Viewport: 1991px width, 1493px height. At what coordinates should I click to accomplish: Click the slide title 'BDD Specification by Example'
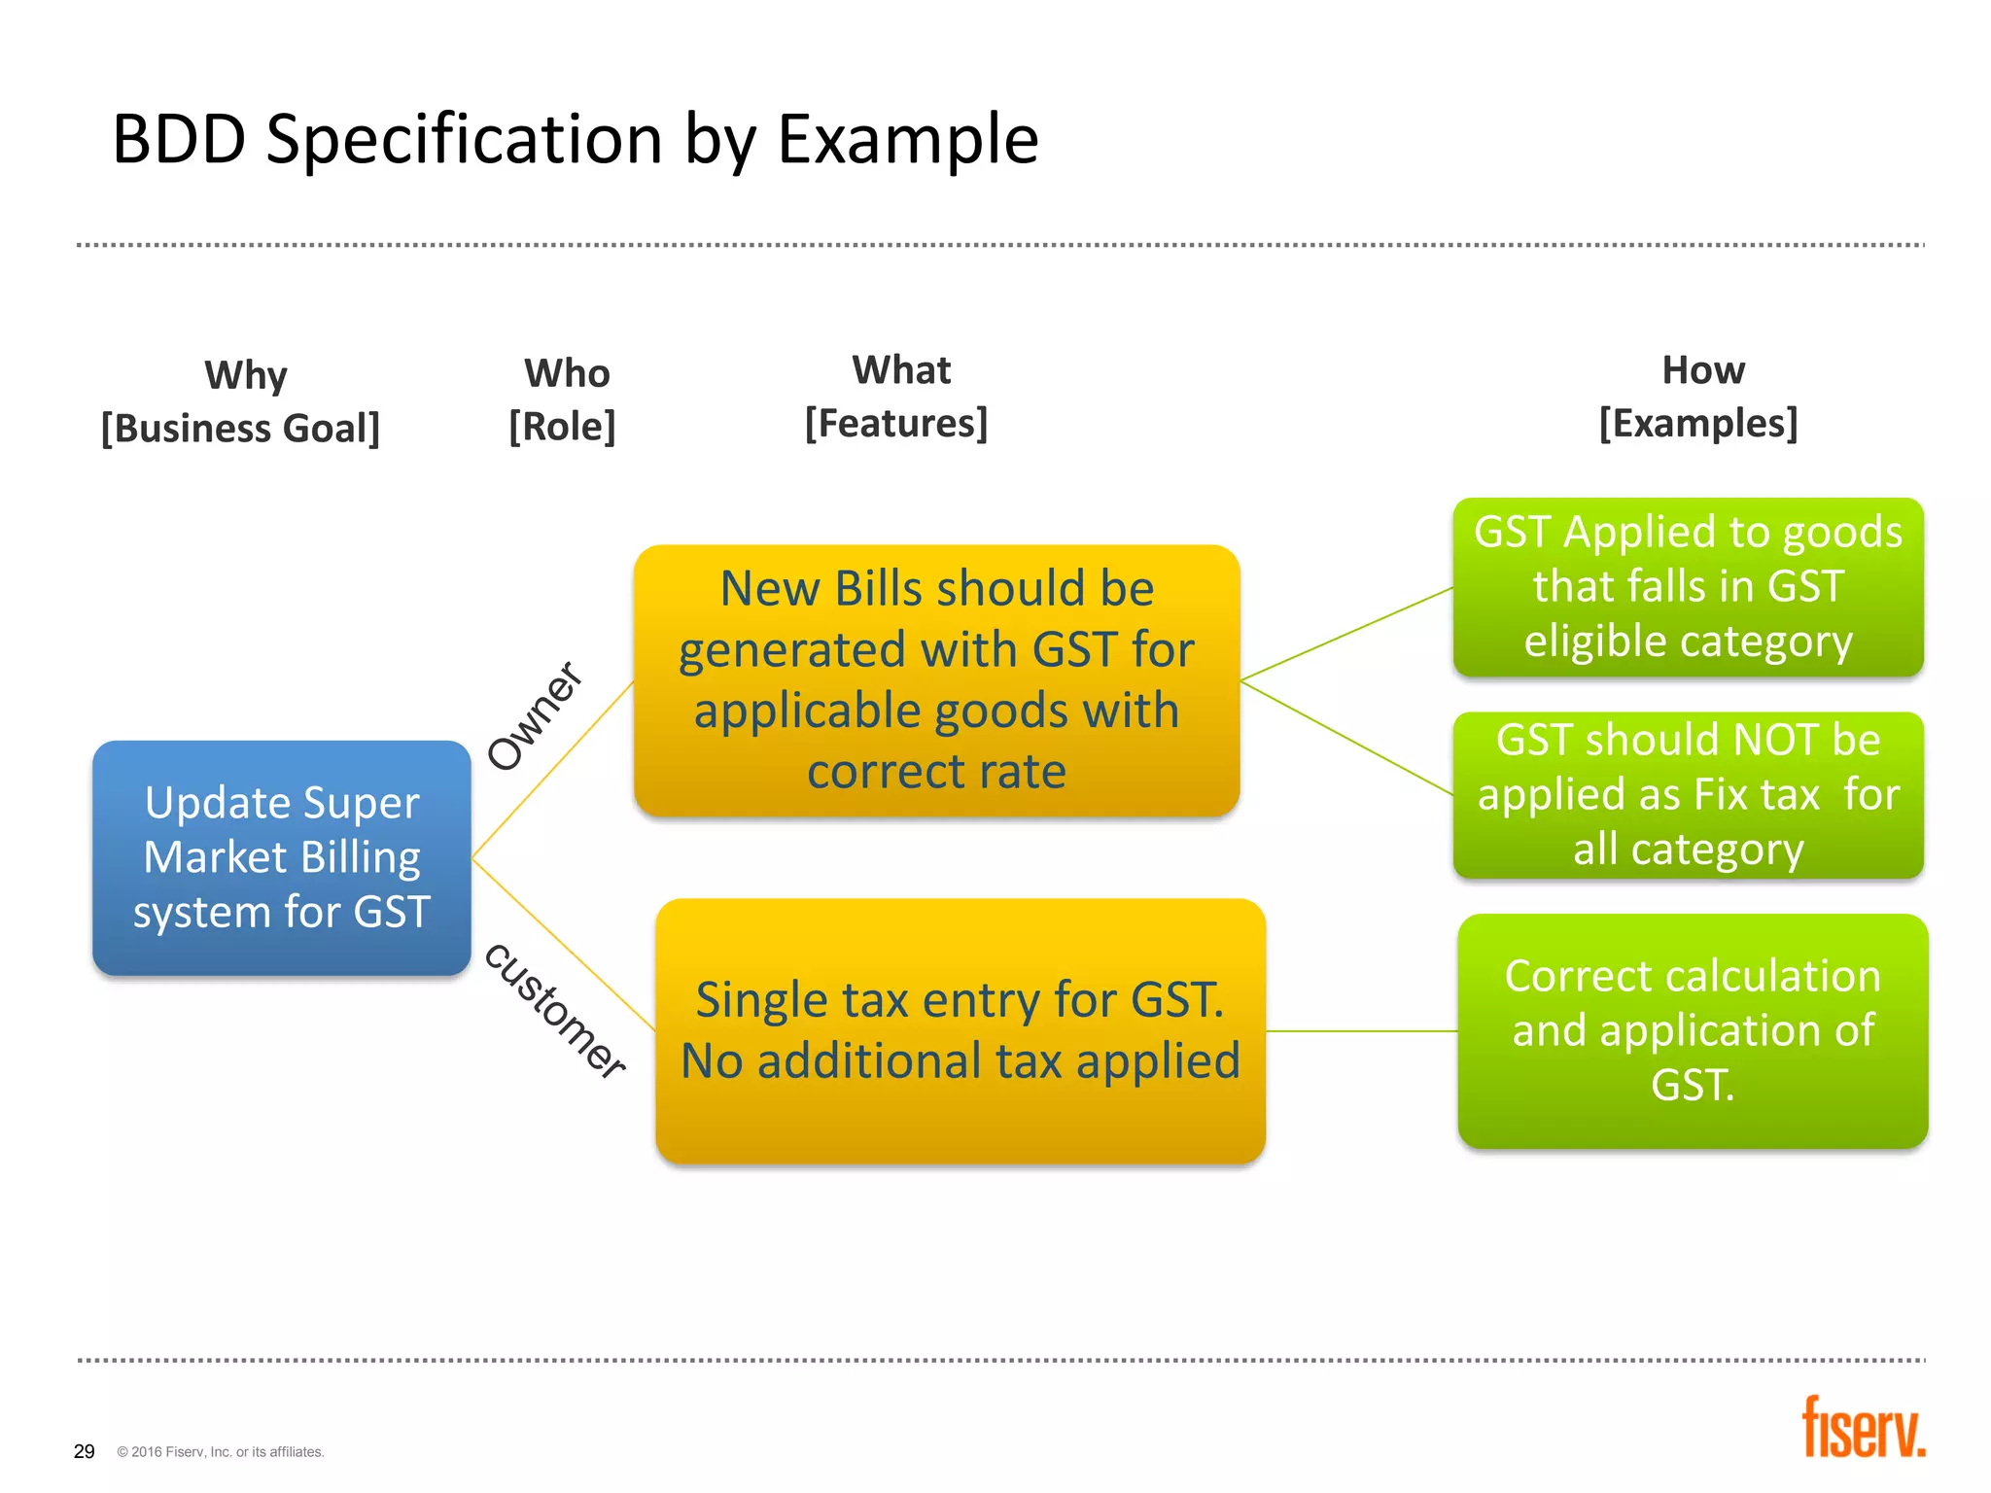[576, 139]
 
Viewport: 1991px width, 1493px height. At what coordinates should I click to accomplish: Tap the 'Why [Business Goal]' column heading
[241, 401]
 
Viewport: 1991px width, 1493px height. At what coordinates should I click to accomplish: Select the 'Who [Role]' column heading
[564, 399]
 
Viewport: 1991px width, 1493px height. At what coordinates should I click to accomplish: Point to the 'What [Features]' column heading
[897, 397]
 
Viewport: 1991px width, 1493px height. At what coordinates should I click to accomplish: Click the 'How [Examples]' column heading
[1699, 397]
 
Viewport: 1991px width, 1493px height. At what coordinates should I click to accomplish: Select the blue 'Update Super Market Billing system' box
[282, 857]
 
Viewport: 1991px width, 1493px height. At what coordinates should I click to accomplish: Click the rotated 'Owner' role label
[535, 715]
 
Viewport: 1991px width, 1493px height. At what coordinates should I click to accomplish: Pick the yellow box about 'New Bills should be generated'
[936, 679]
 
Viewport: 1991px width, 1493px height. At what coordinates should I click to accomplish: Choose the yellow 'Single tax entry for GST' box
[961, 1030]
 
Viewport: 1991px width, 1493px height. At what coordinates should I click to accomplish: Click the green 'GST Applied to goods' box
[1688, 587]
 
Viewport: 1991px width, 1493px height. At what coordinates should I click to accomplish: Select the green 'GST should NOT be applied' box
[1688, 795]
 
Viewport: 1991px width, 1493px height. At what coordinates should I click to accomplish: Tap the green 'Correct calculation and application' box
[1693, 1030]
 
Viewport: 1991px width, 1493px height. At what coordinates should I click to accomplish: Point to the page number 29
[85, 1451]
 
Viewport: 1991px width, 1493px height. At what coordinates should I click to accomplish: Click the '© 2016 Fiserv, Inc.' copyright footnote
[221, 1452]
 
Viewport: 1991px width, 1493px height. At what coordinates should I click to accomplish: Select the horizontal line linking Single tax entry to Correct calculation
[1361, 1031]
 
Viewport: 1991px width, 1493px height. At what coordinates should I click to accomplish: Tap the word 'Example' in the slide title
[908, 139]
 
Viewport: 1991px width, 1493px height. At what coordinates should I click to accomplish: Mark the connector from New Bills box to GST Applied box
[1346, 633]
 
